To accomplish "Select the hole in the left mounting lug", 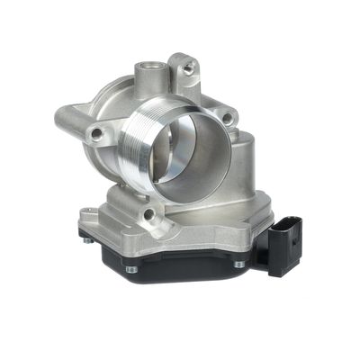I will click(x=95, y=135).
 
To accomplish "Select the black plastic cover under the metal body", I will click(x=180, y=261).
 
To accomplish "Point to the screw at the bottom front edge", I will click(x=131, y=269).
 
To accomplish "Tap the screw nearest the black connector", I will click(x=239, y=264).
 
